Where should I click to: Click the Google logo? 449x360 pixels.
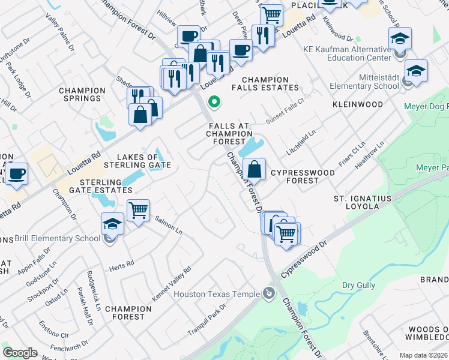[20, 353]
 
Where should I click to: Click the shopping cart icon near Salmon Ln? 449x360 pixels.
[139, 211]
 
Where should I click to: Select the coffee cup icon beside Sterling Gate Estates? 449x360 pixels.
[17, 173]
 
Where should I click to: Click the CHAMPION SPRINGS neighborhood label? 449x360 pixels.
[82, 94]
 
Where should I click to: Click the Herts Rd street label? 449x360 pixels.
[122, 265]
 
